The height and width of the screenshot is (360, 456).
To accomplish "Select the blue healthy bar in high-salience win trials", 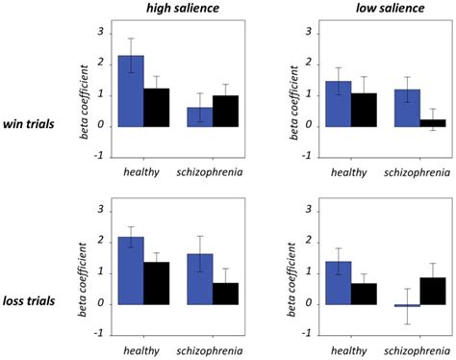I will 131,90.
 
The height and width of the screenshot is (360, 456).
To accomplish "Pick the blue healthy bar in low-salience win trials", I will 339,103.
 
